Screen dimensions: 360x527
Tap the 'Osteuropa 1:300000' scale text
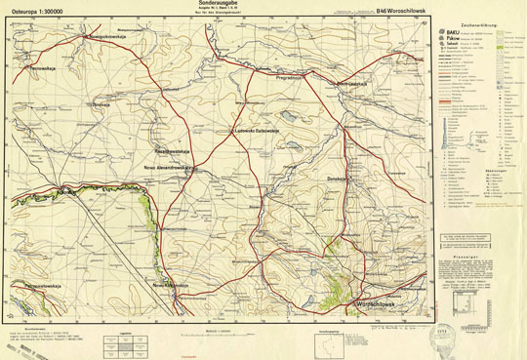pyautogui.click(x=31, y=12)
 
